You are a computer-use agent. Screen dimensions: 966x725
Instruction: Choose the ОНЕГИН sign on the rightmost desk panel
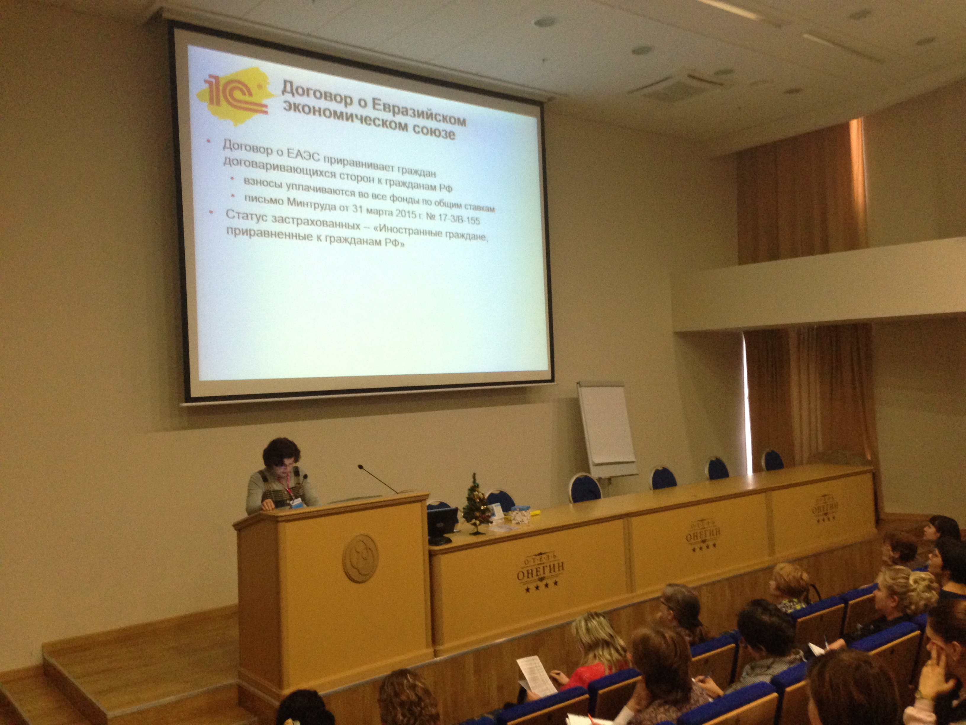(x=825, y=508)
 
